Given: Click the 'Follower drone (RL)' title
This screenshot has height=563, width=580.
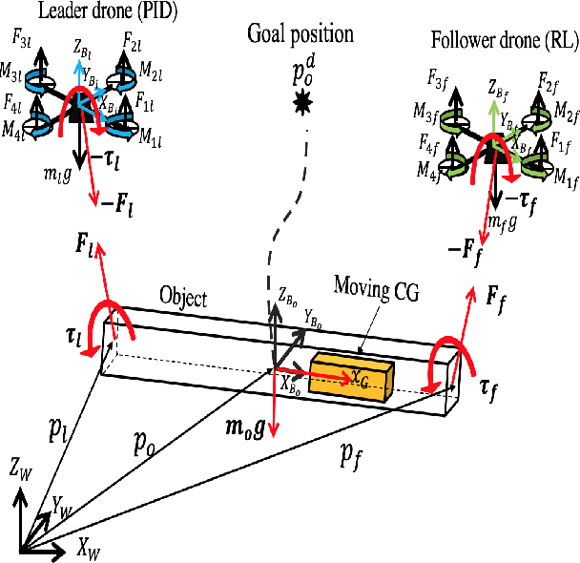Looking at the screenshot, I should click(x=489, y=41).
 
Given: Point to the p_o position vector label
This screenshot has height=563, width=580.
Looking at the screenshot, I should click(x=143, y=442).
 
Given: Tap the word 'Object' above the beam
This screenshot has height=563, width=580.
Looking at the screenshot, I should click(x=184, y=298).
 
